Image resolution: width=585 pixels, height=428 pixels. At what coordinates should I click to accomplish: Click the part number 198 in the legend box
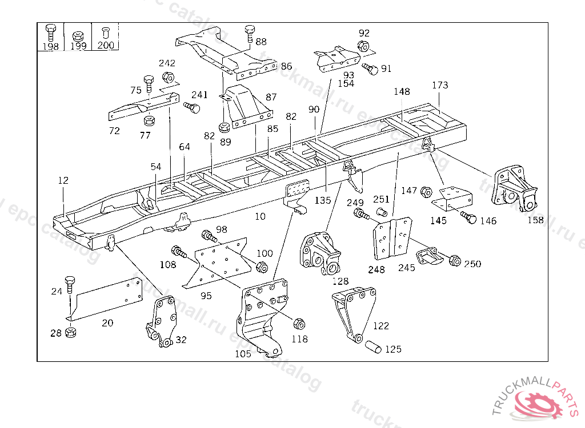[51, 46]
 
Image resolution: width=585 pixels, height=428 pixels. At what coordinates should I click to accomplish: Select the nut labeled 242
[168, 76]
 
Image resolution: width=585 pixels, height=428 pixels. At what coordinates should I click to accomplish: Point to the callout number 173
[440, 86]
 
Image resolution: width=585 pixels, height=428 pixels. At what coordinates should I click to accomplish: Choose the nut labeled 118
[298, 324]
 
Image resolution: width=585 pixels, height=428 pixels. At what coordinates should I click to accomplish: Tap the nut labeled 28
[71, 332]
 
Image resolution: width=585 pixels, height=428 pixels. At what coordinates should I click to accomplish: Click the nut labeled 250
[455, 260]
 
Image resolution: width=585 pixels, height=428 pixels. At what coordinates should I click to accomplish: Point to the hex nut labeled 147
[425, 192]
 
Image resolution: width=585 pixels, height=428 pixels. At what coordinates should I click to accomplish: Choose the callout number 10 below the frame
[260, 216]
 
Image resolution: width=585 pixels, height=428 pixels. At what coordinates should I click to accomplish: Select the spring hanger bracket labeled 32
[161, 321]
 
